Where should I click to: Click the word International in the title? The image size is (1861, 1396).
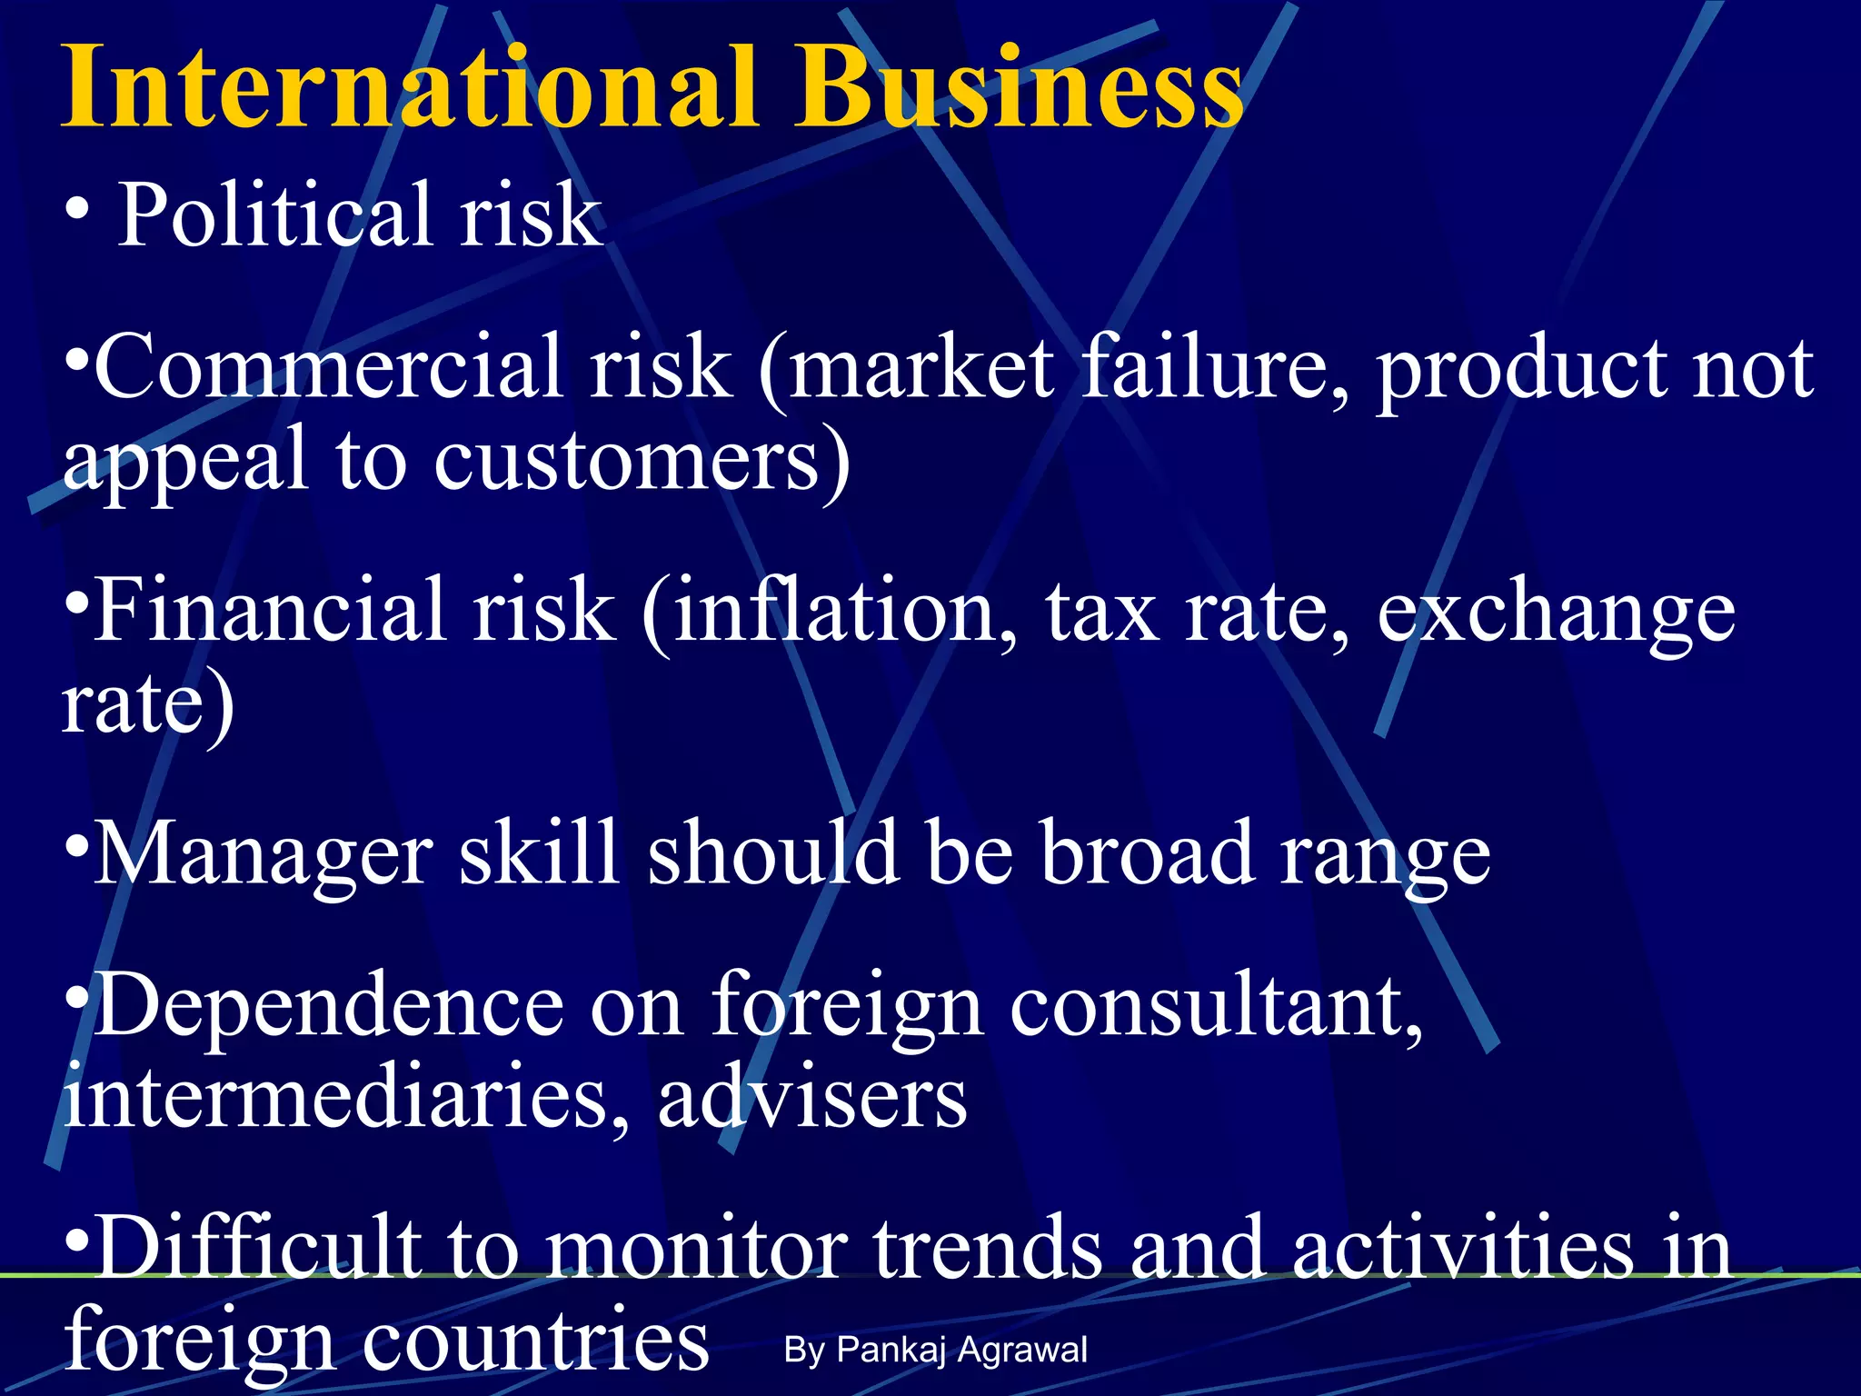[409, 88]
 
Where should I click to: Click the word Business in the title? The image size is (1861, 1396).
[1018, 88]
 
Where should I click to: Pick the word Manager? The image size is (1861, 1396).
[264, 854]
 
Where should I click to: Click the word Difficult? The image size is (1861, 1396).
[259, 1248]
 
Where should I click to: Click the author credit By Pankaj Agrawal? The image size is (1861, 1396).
[935, 1350]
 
